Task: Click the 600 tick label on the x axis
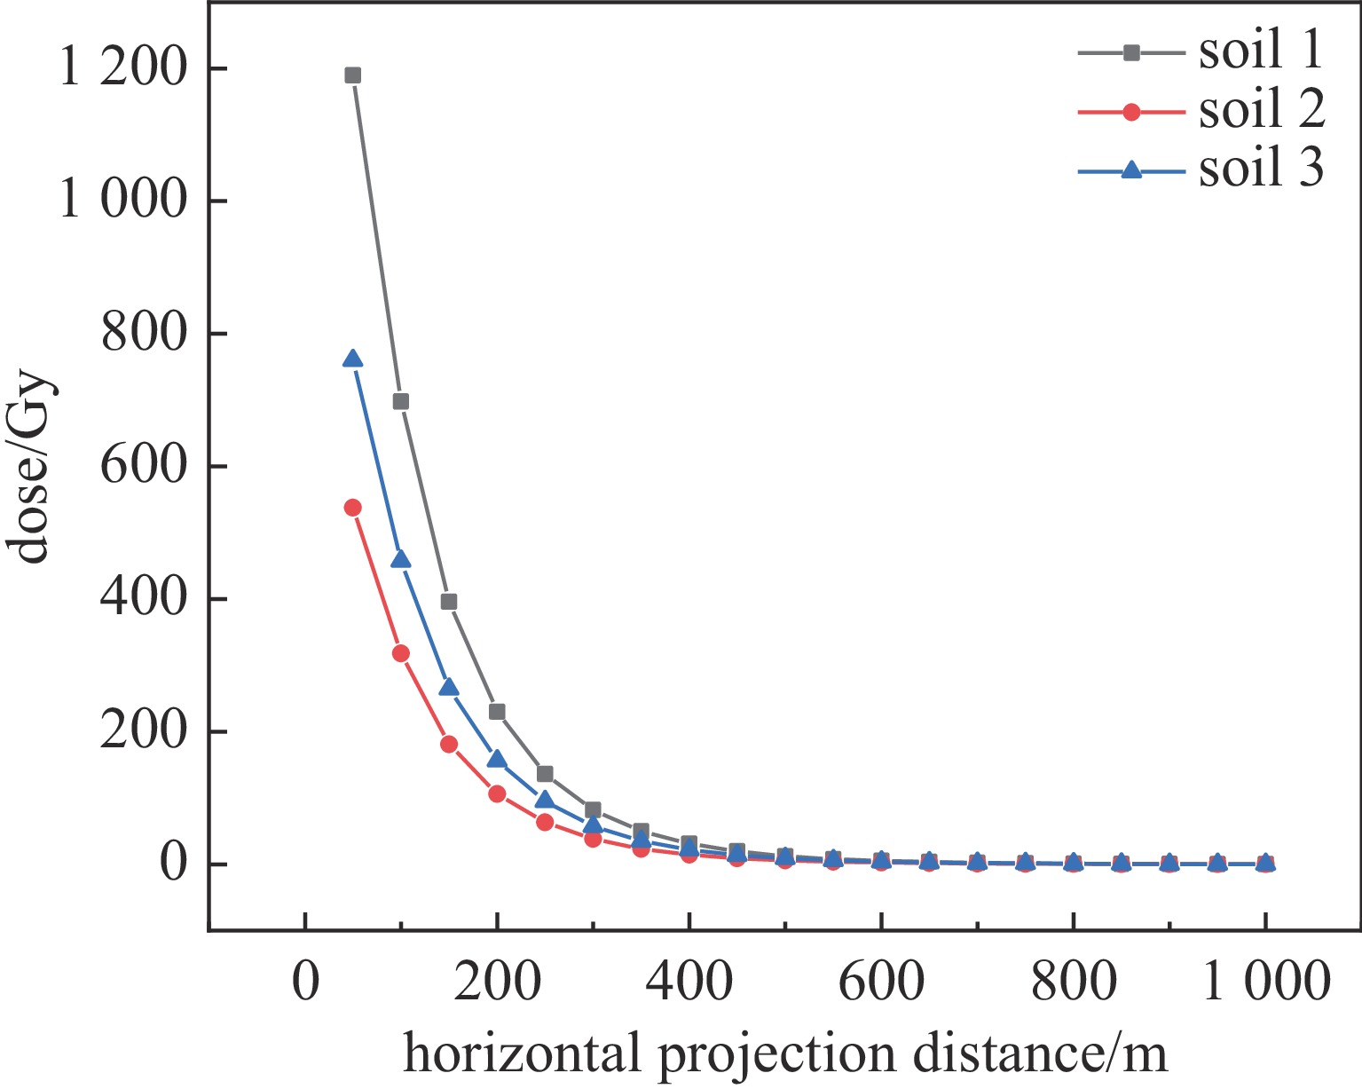click(x=880, y=983)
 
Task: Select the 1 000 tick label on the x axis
click(x=1265, y=983)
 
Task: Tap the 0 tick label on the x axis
click(x=304, y=983)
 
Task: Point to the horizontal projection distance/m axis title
click(x=784, y=1054)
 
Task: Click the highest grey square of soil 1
click(x=352, y=75)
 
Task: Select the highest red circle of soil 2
click(x=352, y=508)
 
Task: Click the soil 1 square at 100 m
click(x=400, y=402)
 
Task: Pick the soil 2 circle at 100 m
click(x=400, y=653)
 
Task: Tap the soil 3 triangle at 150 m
click(x=449, y=688)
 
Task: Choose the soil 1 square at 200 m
click(x=497, y=712)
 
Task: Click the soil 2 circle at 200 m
click(x=497, y=793)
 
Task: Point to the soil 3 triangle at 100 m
click(x=400, y=559)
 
